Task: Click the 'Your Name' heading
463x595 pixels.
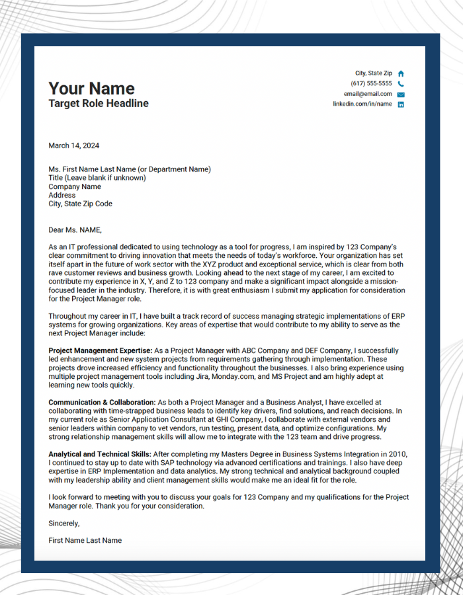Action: (x=91, y=89)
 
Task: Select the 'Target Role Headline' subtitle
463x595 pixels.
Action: (x=99, y=104)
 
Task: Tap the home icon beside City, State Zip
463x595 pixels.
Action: (x=401, y=73)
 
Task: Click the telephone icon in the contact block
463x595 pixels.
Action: (x=401, y=84)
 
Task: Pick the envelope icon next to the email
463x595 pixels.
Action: (x=401, y=95)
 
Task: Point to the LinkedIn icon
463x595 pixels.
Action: (x=401, y=104)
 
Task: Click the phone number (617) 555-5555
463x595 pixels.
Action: (x=371, y=84)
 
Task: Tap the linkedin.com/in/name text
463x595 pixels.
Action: (x=362, y=104)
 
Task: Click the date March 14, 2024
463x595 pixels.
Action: (x=74, y=145)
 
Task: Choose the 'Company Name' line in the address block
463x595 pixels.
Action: (x=75, y=186)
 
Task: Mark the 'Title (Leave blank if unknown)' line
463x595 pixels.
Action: (x=97, y=178)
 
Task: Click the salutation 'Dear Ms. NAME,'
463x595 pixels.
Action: (x=75, y=230)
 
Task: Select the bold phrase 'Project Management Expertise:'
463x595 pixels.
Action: (x=101, y=350)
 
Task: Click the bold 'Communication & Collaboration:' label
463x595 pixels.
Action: (x=102, y=402)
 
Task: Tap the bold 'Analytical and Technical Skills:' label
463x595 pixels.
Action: (x=100, y=454)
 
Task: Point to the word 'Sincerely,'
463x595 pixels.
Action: (x=64, y=523)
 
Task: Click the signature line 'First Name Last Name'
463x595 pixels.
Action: (x=85, y=540)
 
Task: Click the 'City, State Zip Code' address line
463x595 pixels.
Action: (x=80, y=204)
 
